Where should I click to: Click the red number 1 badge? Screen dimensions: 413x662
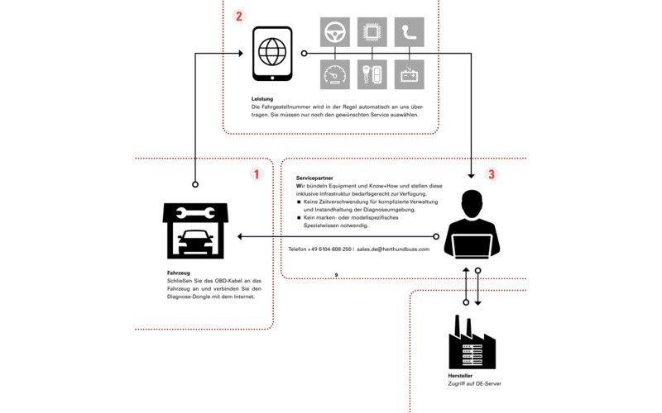click(x=257, y=174)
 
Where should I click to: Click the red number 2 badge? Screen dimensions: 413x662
click(x=239, y=16)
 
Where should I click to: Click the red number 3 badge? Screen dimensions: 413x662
click(x=491, y=174)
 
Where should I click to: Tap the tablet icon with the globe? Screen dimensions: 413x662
click(x=272, y=55)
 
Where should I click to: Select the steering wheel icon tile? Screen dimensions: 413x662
click(x=335, y=32)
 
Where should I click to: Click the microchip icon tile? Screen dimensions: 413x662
click(x=372, y=32)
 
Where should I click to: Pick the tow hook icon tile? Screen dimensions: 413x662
click(x=409, y=32)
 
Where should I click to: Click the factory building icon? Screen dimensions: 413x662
click(x=471, y=341)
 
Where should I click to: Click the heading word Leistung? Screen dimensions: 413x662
click(x=262, y=99)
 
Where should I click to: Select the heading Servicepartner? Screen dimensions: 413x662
click(x=314, y=178)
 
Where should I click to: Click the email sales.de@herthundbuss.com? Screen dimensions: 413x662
click(x=393, y=249)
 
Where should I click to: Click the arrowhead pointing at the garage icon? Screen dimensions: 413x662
click(x=241, y=237)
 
